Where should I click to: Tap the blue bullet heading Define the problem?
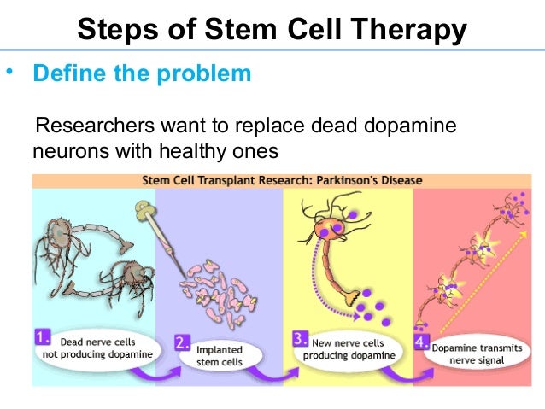pos(142,73)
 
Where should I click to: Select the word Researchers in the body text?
pos(90,127)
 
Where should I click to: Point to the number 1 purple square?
pos(41,336)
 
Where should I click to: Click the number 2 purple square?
pos(181,344)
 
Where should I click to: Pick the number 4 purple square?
pos(420,345)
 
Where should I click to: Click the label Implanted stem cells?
pos(220,355)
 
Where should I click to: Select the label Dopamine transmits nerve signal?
pos(479,354)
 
